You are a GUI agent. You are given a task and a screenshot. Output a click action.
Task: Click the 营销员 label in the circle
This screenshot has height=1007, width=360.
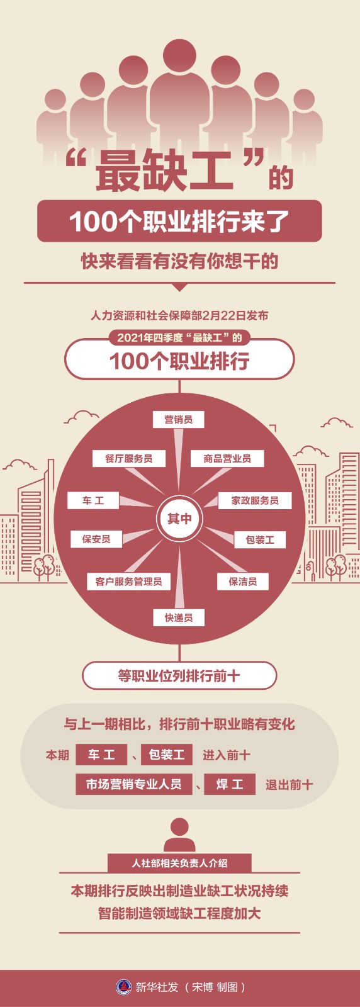point(179,419)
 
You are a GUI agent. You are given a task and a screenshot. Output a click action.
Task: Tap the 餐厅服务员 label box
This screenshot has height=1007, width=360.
point(128,458)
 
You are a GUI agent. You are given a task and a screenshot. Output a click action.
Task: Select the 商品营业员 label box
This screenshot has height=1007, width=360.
point(227,458)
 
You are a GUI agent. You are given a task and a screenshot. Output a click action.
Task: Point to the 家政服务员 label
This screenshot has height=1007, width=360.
point(255,500)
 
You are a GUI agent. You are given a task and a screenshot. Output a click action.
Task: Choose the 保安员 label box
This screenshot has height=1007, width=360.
point(96,539)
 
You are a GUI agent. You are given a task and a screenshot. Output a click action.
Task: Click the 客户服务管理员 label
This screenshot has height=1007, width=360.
point(128,582)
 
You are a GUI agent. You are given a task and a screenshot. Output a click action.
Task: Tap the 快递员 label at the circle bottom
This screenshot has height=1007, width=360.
point(179,617)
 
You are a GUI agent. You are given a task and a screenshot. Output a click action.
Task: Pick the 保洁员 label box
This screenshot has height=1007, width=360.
point(243,582)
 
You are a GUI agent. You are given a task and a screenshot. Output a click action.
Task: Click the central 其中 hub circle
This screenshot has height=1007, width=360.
point(179,519)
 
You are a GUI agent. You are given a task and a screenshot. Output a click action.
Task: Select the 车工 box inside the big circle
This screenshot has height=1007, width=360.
point(93,500)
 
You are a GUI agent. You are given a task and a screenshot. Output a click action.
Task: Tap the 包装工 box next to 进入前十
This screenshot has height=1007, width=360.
point(167,755)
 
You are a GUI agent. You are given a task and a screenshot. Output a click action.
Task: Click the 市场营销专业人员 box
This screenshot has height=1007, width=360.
point(134,784)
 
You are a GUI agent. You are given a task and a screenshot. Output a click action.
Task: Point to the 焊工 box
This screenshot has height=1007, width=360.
point(230,784)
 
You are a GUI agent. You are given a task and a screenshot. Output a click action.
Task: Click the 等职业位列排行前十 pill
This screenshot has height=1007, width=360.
point(179,675)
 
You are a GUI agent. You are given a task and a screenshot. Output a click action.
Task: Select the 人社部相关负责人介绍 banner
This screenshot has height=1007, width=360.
point(179,863)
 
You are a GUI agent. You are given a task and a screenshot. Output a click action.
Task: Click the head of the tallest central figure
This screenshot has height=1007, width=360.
point(180,55)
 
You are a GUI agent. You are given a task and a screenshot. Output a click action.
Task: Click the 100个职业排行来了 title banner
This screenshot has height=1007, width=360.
point(179,221)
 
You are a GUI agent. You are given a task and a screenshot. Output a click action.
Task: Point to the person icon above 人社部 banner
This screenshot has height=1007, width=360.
point(179,835)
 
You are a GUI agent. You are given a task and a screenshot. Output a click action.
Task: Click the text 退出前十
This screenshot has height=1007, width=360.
point(289,784)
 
